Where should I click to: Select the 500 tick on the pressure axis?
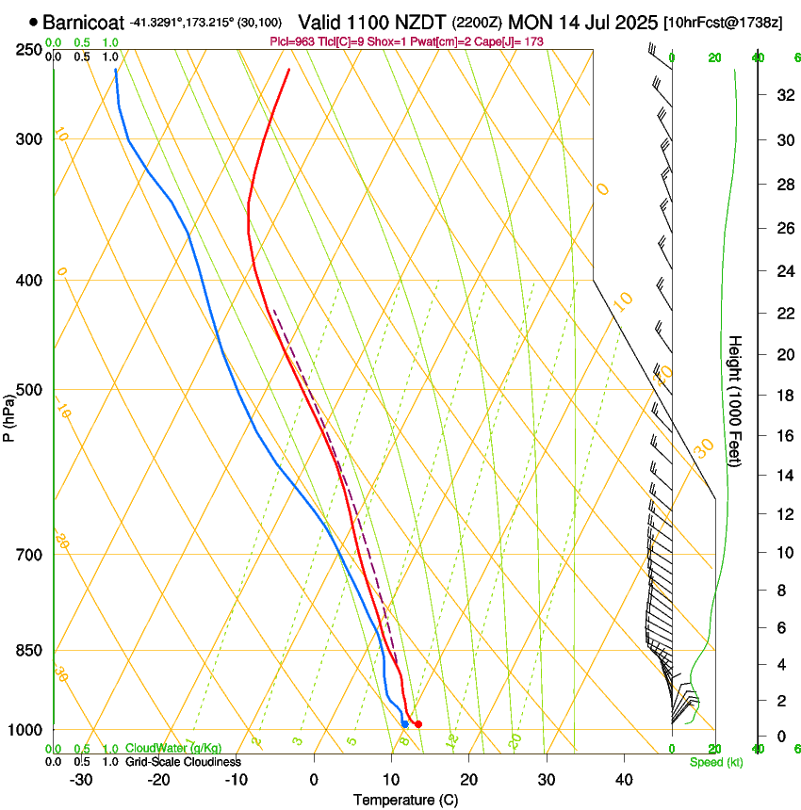[29, 390]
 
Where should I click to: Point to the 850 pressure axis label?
[29, 650]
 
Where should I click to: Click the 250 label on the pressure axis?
[29, 49]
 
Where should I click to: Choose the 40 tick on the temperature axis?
[623, 779]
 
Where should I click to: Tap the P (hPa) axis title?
[10, 414]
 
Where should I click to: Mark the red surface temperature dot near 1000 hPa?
[418, 724]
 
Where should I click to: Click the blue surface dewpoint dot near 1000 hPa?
[404, 724]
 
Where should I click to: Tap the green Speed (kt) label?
[715, 762]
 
